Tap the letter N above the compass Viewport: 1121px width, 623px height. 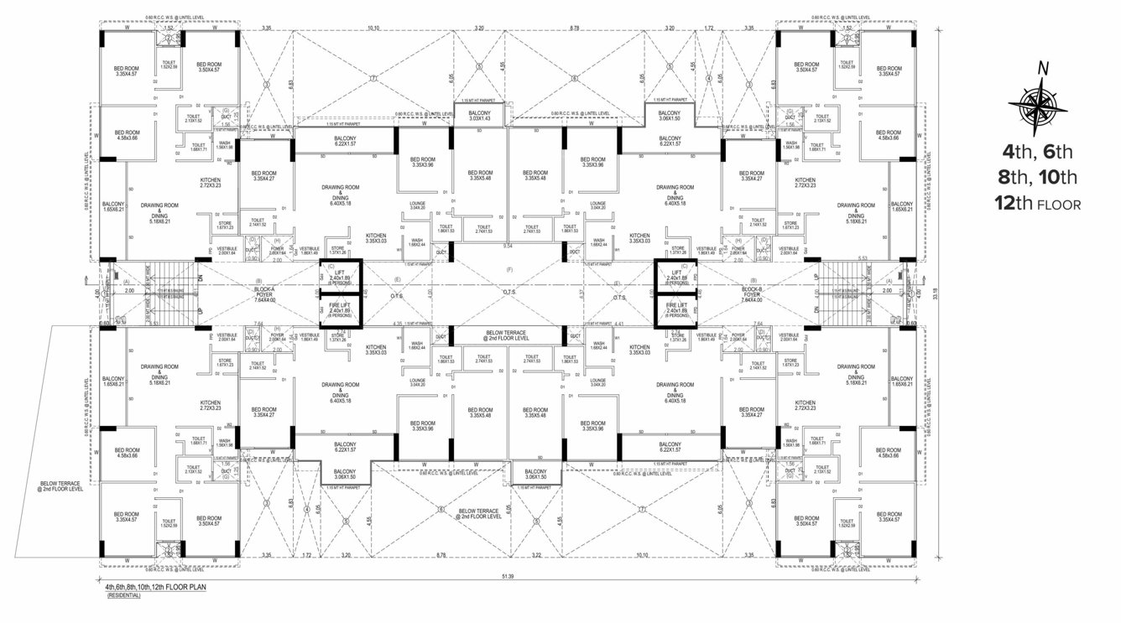point(1043,69)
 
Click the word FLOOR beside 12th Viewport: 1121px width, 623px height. point(1059,204)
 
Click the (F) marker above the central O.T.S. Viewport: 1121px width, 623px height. point(508,269)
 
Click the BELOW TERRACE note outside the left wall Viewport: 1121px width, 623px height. point(60,486)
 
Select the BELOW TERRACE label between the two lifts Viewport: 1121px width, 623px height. point(508,335)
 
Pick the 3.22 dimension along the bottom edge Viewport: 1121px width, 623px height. point(537,555)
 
